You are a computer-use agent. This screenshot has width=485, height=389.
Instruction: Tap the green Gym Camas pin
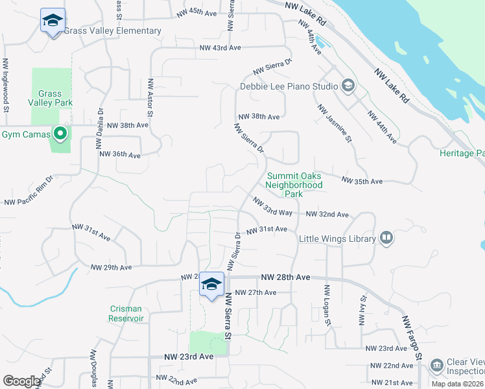[60, 134]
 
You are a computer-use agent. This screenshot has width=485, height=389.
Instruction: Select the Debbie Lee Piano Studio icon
[348, 86]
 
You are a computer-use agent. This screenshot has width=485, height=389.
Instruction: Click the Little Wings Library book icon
[386, 239]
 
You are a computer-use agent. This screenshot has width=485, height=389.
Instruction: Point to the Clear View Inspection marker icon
[437, 366]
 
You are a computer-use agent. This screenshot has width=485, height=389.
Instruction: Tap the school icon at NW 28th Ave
[211, 285]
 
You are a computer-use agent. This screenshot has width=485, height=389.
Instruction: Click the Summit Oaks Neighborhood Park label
[294, 185]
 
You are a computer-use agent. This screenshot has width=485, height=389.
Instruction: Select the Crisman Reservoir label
[126, 314]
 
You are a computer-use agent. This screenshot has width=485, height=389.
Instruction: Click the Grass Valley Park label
[50, 98]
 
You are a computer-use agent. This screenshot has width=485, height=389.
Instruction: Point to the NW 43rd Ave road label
[220, 48]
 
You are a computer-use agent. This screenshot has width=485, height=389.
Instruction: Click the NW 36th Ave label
[120, 155]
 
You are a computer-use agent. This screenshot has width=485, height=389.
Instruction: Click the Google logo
[21, 381]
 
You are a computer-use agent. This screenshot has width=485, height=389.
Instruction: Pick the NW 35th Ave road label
[362, 182]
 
